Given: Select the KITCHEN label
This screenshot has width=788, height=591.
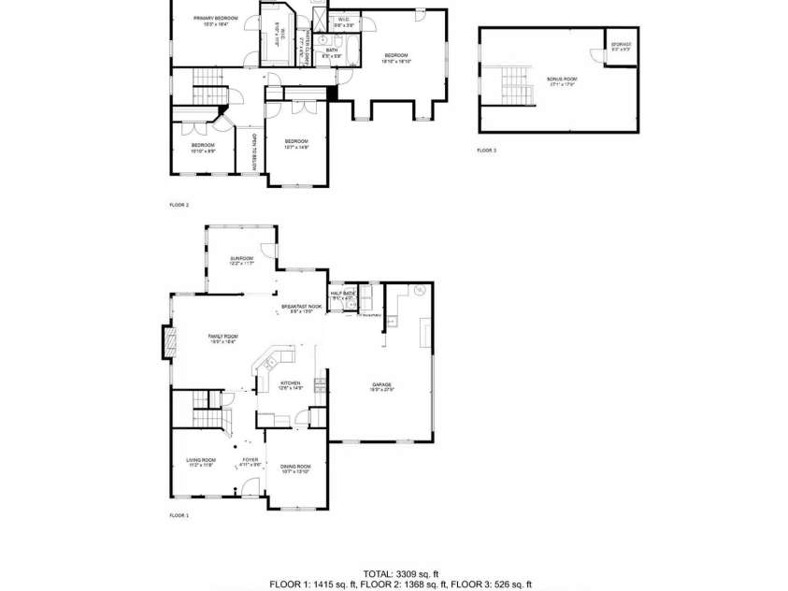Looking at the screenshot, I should click(291, 384).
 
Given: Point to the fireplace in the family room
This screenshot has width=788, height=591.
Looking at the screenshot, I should click(168, 341).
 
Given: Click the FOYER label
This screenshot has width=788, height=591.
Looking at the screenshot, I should click(251, 460).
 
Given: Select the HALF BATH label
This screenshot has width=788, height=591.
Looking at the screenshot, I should click(342, 294).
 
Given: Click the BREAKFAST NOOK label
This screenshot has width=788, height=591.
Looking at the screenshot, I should click(301, 307).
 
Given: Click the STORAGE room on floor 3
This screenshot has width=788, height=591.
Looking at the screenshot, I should click(622, 47).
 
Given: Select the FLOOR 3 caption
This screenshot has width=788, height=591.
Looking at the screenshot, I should click(487, 150).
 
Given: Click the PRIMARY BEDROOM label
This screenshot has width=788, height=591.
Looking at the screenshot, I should click(216, 19).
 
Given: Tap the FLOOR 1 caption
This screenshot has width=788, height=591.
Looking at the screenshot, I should click(179, 515).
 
